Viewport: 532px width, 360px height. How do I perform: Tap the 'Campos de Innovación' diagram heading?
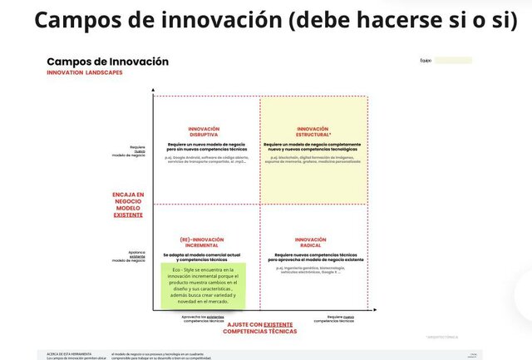tap(107, 62)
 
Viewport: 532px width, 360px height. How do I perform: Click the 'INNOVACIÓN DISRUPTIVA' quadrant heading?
tap(204, 131)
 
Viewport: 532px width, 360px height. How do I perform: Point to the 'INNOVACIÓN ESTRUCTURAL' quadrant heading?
tap(313, 131)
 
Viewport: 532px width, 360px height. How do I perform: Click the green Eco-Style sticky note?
tap(203, 285)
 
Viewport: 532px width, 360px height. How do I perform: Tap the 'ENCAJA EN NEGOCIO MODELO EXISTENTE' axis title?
tap(128, 205)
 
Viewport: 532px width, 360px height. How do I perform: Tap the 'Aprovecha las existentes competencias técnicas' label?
tap(203, 318)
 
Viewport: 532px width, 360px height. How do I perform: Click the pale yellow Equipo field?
tap(452, 61)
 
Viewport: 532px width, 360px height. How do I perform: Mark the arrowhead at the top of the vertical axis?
tap(154, 89)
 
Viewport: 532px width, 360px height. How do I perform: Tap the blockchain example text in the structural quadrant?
tap(313, 159)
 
